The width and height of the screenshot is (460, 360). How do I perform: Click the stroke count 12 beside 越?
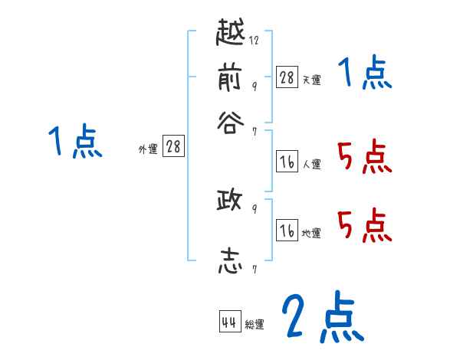click(x=254, y=41)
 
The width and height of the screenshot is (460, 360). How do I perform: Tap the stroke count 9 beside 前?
click(x=254, y=85)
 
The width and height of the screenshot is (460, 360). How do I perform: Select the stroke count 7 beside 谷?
click(x=254, y=131)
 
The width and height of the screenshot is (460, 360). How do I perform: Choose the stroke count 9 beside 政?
click(x=254, y=208)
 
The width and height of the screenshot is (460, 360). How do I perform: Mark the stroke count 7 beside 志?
click(x=254, y=269)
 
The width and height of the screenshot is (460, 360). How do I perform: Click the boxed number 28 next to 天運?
click(x=287, y=77)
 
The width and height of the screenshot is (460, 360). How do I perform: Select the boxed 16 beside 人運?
click(x=287, y=162)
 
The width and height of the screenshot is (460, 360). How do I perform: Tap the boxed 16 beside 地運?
click(x=287, y=231)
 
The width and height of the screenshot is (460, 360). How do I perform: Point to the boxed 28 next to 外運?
click(x=173, y=146)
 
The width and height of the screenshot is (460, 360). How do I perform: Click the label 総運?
click(x=255, y=325)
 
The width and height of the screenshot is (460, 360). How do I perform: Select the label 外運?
click(x=148, y=149)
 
